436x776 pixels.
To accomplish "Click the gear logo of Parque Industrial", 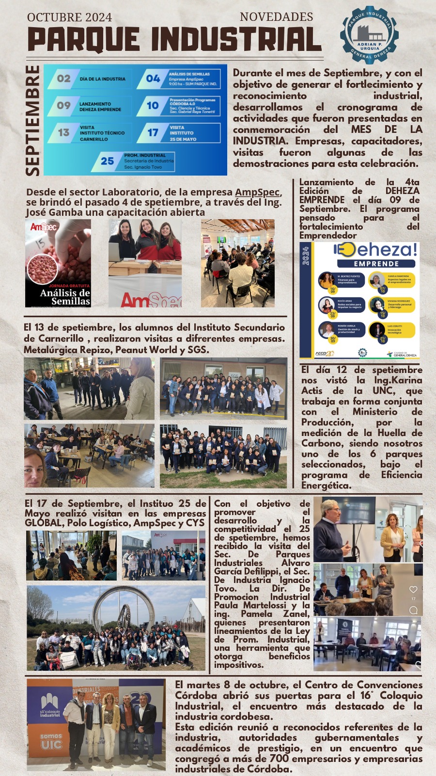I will coord(369,35).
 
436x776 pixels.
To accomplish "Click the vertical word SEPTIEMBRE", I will coord(32,120).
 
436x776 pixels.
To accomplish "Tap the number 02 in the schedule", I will coord(63,79).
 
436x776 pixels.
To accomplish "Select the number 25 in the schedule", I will coord(107,161).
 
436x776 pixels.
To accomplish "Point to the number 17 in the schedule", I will coord(153,132).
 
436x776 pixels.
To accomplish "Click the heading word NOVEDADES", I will coord(276,17).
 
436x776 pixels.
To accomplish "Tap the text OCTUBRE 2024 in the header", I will coord(69,17).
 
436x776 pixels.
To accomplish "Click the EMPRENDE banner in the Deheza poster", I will coord(376,264).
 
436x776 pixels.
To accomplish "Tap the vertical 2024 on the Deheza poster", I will coord(306,256).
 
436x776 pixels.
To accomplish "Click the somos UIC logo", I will coord(51,742).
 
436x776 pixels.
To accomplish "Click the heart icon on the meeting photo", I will coord(413,590).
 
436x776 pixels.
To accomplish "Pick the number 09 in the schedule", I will coord(63,105).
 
